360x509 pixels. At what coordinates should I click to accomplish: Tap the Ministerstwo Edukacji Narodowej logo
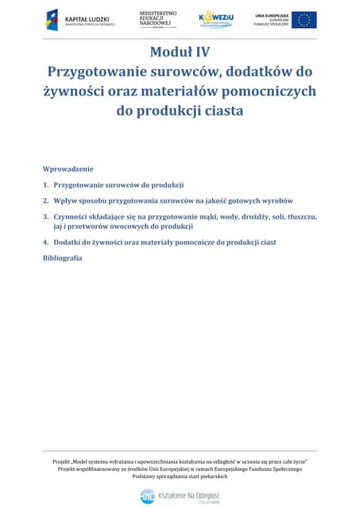click(x=158, y=18)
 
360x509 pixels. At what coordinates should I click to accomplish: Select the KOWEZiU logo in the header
click(x=216, y=19)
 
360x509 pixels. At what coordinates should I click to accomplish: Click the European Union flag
click(x=304, y=20)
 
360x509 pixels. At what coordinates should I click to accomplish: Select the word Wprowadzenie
click(x=68, y=169)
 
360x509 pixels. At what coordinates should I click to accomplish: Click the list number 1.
click(x=45, y=185)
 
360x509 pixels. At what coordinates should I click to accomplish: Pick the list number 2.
click(x=45, y=200)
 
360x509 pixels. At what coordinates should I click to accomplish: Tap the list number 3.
click(x=45, y=216)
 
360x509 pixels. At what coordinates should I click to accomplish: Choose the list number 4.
click(x=45, y=242)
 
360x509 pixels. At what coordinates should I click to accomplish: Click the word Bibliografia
click(x=62, y=258)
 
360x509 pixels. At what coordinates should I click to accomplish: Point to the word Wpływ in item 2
click(x=66, y=200)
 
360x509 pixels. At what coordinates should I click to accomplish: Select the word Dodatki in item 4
click(x=68, y=242)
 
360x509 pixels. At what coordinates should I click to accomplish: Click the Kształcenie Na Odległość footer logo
click(x=180, y=496)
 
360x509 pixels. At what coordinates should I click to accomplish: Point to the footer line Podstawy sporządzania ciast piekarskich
click(x=180, y=476)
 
